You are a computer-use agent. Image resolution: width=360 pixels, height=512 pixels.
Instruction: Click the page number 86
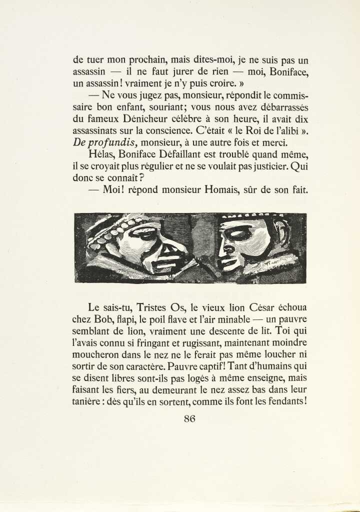coord(189,419)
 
